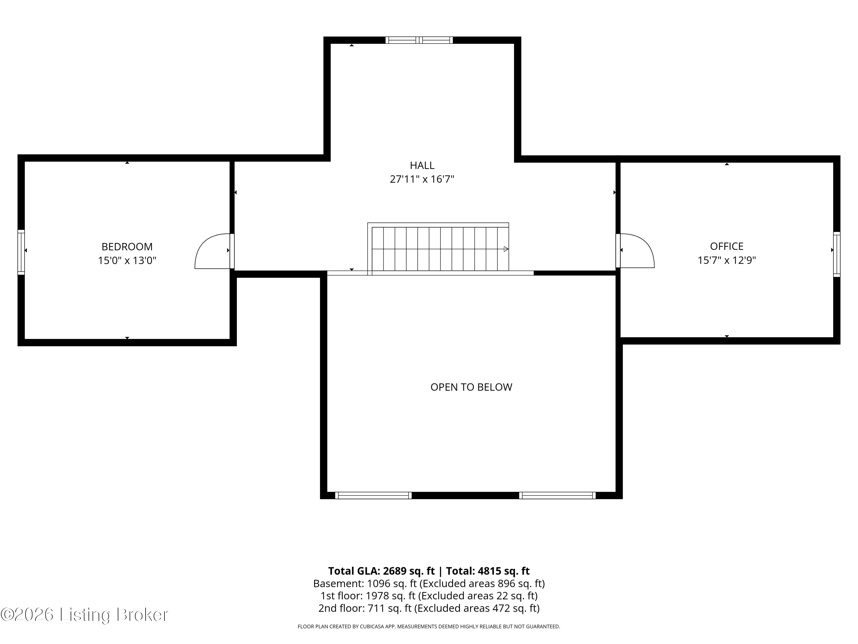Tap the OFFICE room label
click(726, 246)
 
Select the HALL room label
click(422, 165)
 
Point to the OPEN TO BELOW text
click(471, 387)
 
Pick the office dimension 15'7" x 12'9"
click(726, 260)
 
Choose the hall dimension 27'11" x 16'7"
click(422, 179)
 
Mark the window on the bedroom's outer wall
click(21, 252)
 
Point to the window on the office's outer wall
click(837, 254)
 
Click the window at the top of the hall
click(419, 40)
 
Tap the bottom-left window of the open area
click(373, 495)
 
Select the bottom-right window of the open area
click(557, 495)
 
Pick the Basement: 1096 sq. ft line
click(429, 583)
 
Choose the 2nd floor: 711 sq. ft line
click(429, 608)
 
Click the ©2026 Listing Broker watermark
click(85, 615)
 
